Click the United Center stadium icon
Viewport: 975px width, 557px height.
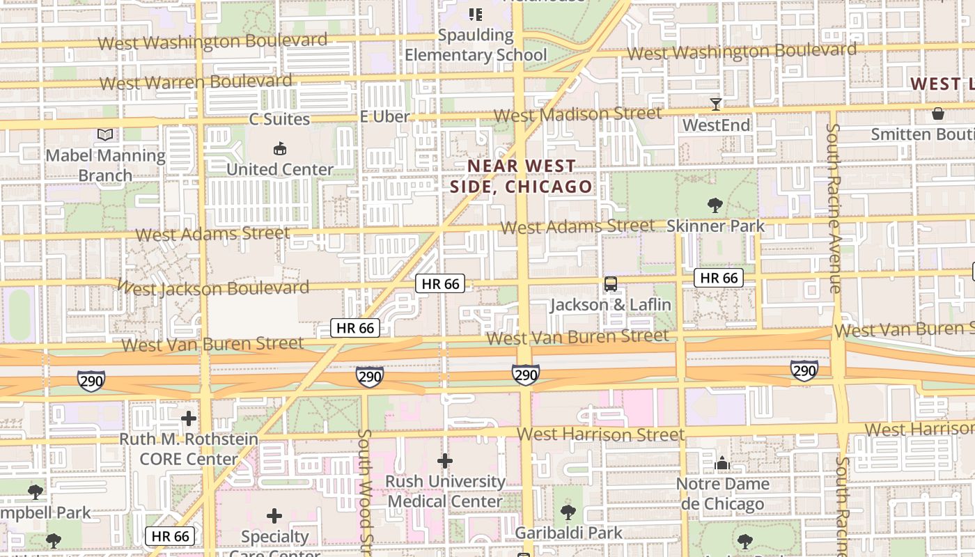[279, 148]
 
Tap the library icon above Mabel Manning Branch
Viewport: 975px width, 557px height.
[104, 134]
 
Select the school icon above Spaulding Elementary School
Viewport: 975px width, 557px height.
[476, 14]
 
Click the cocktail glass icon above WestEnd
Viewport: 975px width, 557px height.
[715, 104]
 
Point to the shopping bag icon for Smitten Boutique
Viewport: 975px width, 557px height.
[938, 113]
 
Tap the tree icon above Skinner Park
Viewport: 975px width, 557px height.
[715, 205]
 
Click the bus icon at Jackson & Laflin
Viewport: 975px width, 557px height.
[611, 284]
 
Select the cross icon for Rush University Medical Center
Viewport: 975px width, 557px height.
[445, 461]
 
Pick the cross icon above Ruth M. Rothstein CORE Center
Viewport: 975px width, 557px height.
[188, 418]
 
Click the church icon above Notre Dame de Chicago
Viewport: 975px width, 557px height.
[722, 463]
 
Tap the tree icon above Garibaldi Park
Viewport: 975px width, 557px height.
[568, 512]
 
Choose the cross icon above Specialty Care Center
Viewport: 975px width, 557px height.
[274, 516]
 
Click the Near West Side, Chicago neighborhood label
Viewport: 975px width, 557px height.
[522, 176]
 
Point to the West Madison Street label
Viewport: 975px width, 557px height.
[577, 114]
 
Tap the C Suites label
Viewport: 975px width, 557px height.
[279, 119]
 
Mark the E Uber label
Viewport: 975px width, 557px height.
[384, 117]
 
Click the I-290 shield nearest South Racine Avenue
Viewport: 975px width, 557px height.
[804, 370]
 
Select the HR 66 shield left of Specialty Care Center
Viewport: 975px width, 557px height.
[171, 536]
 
